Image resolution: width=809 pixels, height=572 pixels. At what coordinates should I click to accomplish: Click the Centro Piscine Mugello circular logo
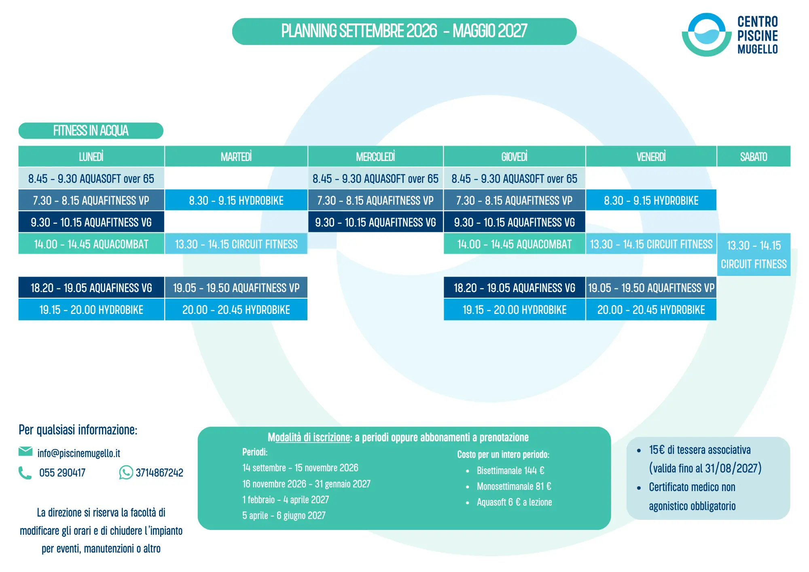707,35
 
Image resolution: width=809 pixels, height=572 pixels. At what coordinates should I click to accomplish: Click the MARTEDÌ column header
236,157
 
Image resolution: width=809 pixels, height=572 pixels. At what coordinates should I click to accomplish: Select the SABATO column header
754,157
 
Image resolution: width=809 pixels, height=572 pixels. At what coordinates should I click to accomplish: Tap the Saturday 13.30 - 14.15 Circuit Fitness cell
754,254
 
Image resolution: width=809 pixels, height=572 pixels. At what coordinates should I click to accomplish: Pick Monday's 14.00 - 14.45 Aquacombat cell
91,244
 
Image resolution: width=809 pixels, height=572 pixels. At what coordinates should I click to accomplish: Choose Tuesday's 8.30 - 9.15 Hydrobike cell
236,200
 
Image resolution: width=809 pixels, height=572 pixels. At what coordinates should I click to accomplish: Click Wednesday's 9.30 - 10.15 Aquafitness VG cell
375,222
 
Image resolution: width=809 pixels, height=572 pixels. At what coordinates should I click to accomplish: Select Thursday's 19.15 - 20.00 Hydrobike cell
514,309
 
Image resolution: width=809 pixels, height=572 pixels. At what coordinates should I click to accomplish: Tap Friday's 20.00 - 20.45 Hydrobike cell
651,309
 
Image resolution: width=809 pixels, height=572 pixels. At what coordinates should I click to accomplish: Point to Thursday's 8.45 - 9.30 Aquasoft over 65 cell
514,178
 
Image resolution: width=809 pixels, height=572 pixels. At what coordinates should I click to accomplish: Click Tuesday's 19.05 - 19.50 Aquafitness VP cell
236,288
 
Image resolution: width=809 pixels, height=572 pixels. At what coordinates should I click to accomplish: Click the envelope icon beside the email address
25,451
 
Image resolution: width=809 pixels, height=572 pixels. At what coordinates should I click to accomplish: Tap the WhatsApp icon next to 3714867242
126,472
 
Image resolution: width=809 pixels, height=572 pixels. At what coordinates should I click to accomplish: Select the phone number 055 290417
62,472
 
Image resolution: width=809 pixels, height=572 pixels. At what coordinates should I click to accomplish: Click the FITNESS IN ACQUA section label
91,131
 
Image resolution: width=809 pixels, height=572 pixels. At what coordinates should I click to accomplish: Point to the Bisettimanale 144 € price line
510,470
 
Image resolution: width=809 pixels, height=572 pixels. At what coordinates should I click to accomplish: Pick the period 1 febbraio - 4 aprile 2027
286,500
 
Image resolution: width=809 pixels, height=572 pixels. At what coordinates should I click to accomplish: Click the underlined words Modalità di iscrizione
309,437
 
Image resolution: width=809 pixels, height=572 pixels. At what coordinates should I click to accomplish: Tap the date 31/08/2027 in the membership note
731,468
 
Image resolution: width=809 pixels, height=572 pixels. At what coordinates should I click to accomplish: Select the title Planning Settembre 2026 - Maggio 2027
404,31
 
